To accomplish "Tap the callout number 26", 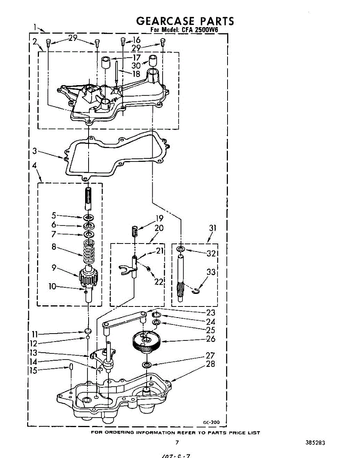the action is tap(210, 339).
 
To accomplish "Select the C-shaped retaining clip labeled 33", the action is tap(196, 292).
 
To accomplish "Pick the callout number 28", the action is tap(210, 364).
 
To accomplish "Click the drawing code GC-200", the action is tap(211, 422).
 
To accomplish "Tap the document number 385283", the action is tap(315, 443).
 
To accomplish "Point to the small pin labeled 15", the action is tap(71, 367).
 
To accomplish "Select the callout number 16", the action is tap(136, 40).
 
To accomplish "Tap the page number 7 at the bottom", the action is tap(177, 443).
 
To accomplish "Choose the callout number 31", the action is tap(213, 228).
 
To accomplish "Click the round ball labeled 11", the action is tap(88, 330).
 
